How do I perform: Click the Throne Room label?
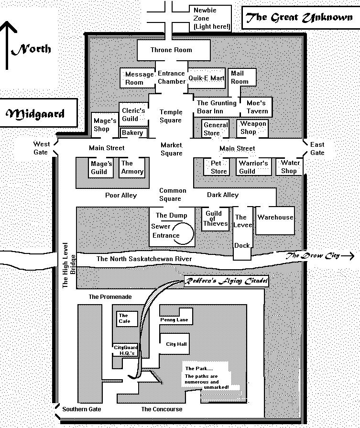click(171, 50)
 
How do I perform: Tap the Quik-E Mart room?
click(207, 78)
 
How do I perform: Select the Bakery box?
click(132, 132)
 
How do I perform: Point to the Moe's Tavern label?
click(256, 107)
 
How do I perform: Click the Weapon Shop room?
click(253, 128)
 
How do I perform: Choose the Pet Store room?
click(219, 167)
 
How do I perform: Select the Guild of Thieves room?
click(215, 219)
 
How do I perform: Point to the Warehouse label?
click(275, 217)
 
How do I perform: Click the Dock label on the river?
click(242, 245)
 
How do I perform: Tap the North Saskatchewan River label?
click(144, 259)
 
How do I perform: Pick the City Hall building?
click(176, 344)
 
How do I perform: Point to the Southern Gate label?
click(82, 409)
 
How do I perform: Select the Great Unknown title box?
click(298, 18)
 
